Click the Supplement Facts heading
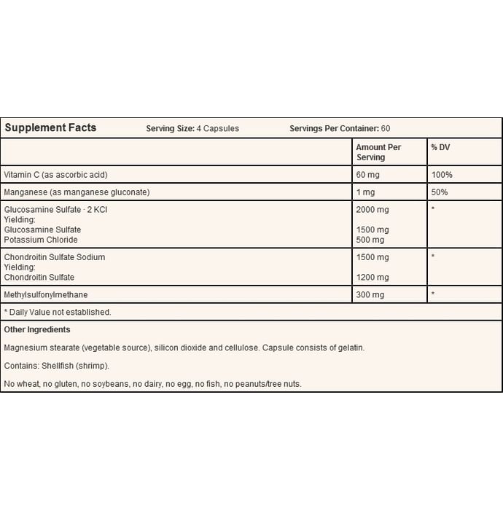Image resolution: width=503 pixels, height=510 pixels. tap(50, 128)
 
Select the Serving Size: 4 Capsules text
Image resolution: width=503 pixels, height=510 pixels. tap(192, 129)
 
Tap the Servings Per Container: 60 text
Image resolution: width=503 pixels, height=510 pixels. tap(340, 129)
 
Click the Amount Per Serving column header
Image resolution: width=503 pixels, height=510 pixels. tap(378, 152)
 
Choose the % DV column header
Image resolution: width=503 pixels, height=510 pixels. tap(441, 147)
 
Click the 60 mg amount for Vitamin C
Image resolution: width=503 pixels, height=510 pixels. tap(369, 175)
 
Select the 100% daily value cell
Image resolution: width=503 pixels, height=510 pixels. tap(441, 175)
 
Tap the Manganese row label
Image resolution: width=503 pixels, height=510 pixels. tap(77, 192)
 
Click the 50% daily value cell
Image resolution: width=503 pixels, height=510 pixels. tap(439, 192)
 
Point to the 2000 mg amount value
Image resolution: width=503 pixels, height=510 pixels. tap(373, 210)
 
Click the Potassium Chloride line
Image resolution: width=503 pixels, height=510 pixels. tap(41, 240)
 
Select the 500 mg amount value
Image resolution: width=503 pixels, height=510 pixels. tap(370, 240)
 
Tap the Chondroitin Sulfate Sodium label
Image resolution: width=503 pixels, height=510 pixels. tap(55, 257)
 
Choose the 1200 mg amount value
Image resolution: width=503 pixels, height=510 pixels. tap(373, 277)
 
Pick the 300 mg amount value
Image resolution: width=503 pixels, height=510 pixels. tap(370, 294)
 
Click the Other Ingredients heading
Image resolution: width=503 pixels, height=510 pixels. tap(37, 330)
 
